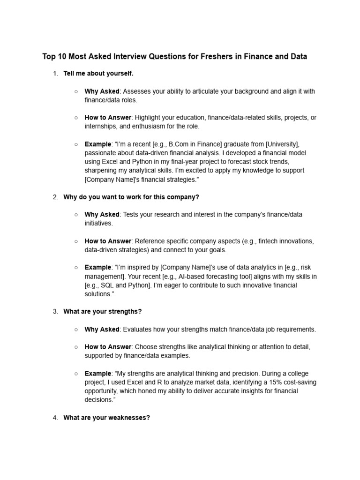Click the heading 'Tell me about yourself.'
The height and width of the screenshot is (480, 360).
point(98,74)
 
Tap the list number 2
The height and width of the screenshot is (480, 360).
point(55,197)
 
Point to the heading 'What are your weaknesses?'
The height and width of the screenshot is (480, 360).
point(106,417)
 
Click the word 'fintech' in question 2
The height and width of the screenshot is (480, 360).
point(264,241)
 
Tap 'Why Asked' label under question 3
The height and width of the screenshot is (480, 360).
point(102,330)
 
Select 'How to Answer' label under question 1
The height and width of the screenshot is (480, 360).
point(108,118)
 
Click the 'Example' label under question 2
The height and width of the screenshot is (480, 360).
point(98,267)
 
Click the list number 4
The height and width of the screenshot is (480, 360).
point(55,417)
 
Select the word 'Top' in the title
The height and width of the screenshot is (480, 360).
point(49,57)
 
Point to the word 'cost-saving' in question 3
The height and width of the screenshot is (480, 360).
point(298,382)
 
